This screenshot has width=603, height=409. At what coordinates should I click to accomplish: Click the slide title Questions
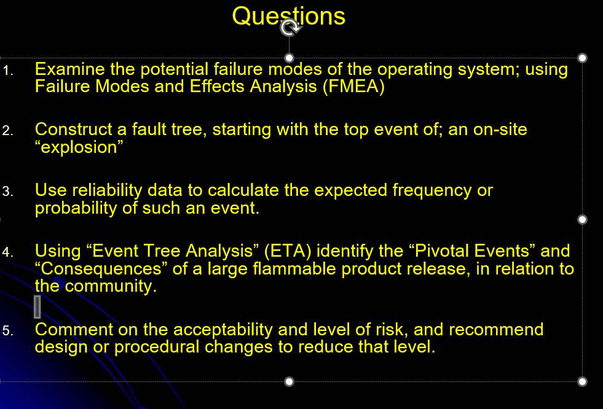click(288, 16)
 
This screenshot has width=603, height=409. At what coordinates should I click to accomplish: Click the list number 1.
click(8, 71)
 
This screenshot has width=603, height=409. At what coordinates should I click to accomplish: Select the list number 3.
click(8, 191)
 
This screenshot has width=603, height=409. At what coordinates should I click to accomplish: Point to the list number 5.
click(8, 330)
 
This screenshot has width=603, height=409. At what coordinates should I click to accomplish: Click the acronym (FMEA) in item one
click(353, 86)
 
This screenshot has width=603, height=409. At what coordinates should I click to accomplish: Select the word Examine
click(69, 69)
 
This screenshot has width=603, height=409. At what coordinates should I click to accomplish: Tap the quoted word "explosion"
click(79, 147)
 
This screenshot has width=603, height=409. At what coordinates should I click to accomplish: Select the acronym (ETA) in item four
click(288, 251)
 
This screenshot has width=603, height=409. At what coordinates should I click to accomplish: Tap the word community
click(111, 286)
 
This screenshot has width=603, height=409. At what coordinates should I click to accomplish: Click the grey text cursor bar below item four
click(37, 307)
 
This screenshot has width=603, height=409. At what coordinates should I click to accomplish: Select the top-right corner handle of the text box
click(582, 58)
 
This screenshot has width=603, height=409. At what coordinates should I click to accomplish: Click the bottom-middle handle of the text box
click(289, 381)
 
